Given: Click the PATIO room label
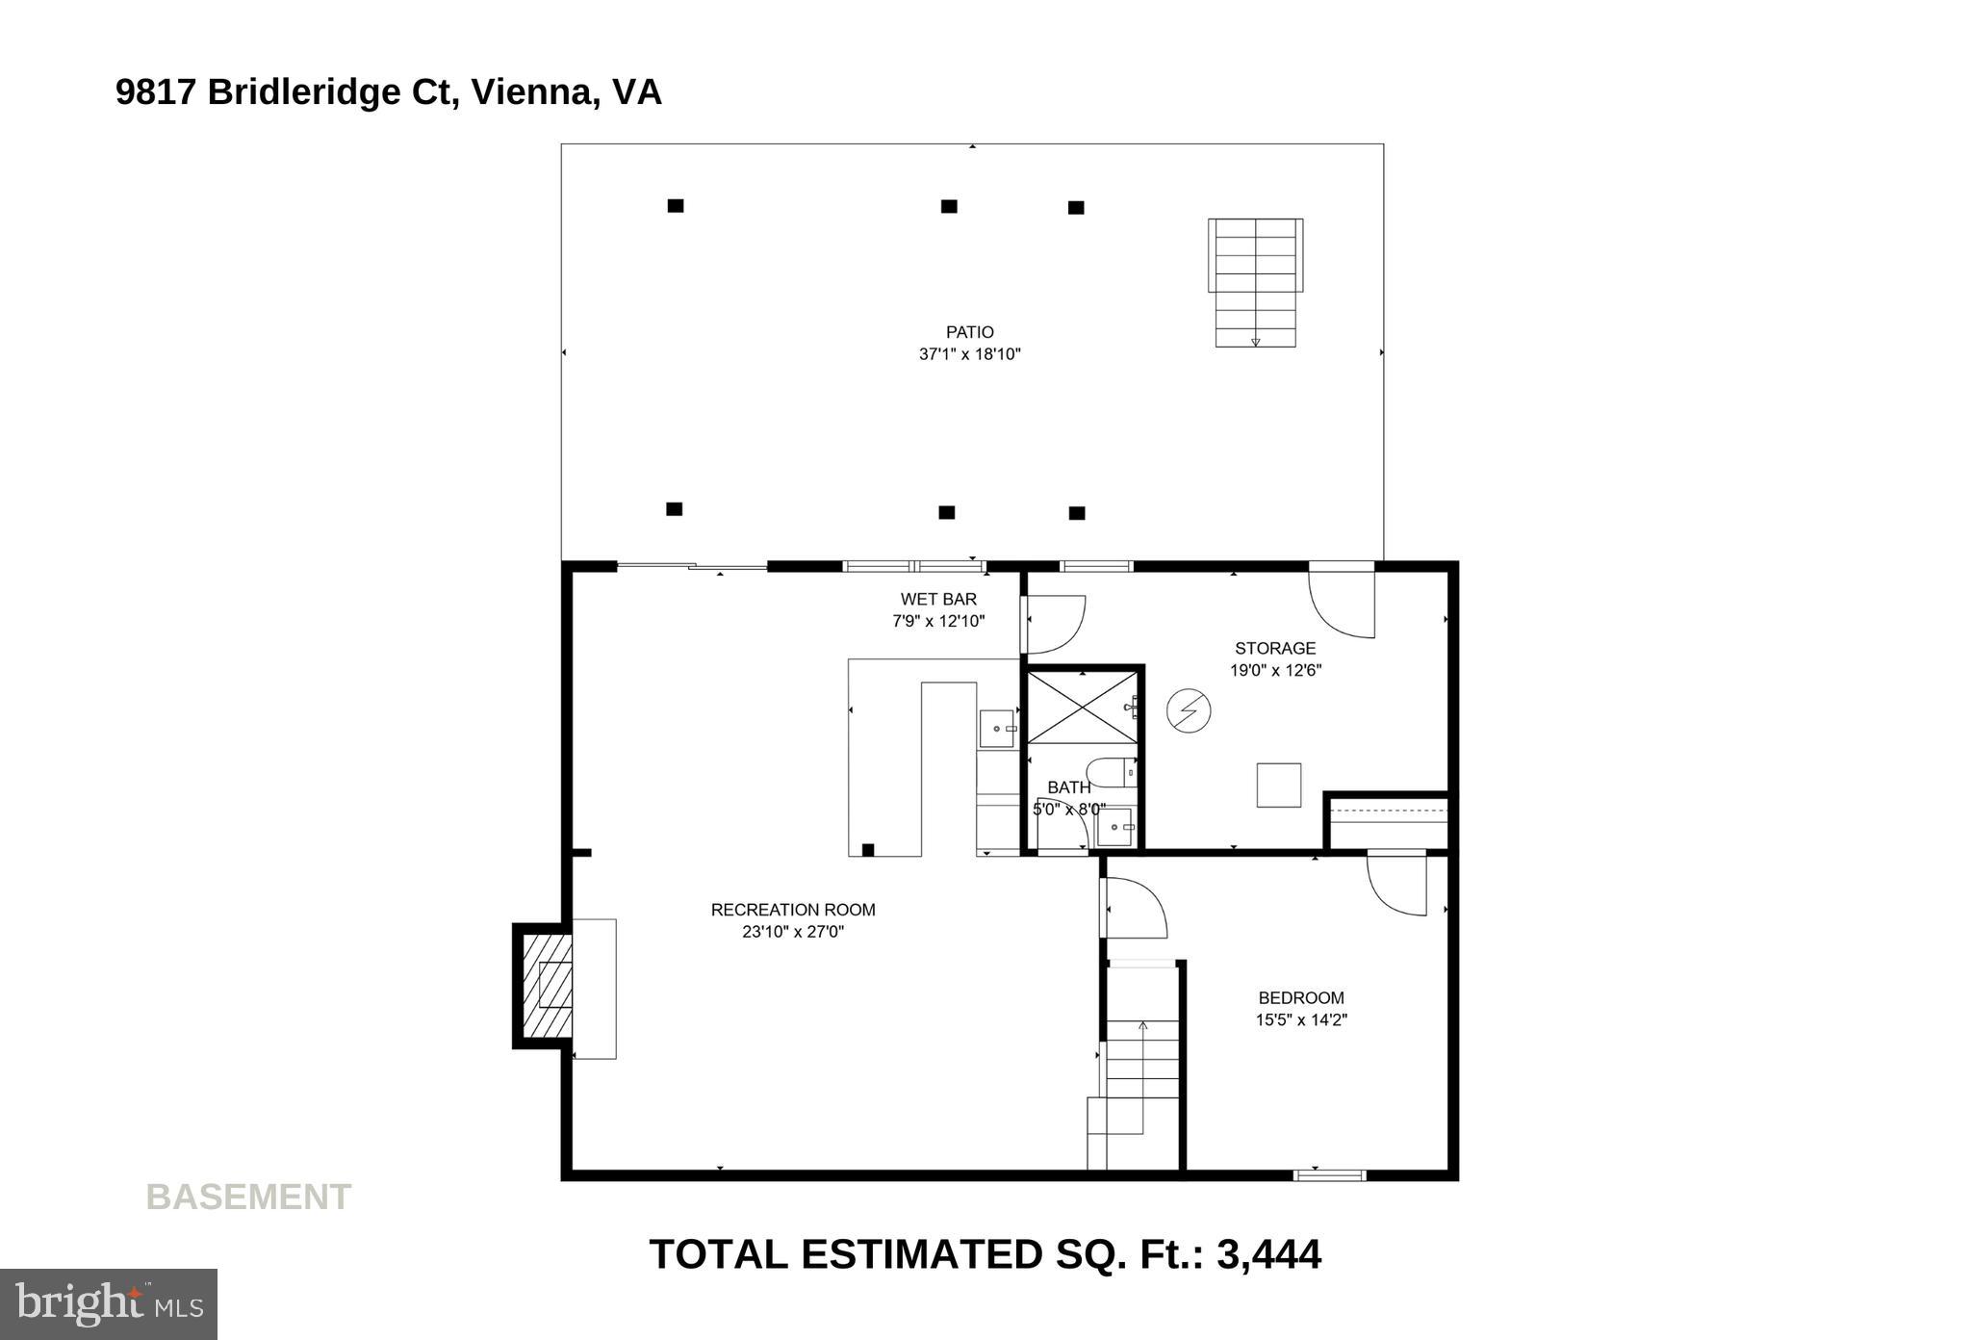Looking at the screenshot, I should click(969, 332).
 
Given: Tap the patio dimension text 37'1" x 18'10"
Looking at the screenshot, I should click(969, 354).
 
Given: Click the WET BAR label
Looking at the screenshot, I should click(938, 599).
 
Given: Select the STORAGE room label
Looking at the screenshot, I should click(1275, 648).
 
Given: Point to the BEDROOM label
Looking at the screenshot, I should click(1300, 998).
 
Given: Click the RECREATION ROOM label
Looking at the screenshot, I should click(793, 910).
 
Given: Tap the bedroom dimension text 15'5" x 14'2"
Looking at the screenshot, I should click(1300, 1020).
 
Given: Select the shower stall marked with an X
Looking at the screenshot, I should click(1083, 709).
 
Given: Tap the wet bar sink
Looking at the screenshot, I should click(996, 729).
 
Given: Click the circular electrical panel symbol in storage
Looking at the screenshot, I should click(1189, 711).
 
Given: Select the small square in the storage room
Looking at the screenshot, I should click(1278, 785).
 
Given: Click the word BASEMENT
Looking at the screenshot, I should click(248, 1197).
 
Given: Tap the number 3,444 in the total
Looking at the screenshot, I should click(1268, 1254).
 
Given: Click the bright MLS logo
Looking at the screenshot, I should click(109, 1303).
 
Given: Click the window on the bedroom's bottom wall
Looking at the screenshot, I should click(1329, 1174).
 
